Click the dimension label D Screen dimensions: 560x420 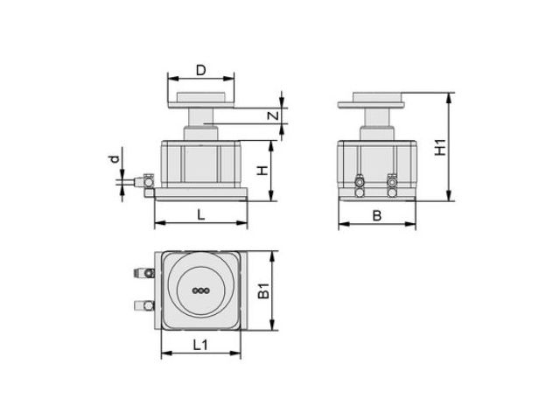[201, 70]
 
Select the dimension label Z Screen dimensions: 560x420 [273, 115]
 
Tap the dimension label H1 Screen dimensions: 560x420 [441, 147]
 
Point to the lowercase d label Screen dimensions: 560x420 [115, 158]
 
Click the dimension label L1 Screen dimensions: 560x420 [200, 345]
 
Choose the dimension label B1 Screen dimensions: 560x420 [264, 290]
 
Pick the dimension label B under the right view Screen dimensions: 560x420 [377, 216]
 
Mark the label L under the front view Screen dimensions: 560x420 [201, 214]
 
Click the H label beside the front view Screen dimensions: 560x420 [262, 171]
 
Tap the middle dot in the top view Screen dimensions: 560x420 [200, 290]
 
